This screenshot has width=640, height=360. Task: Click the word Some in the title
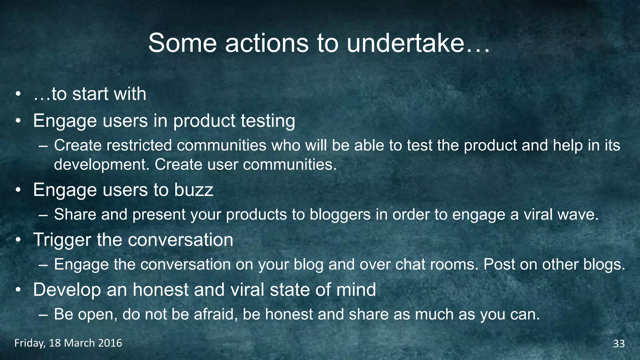pyautogui.click(x=182, y=43)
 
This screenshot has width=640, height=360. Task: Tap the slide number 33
pyautogui.click(x=619, y=344)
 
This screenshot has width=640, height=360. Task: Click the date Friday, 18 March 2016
pyautogui.click(x=68, y=343)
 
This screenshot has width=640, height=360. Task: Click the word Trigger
pyautogui.click(x=62, y=240)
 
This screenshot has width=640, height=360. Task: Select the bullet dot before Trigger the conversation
pyautogui.click(x=18, y=240)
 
